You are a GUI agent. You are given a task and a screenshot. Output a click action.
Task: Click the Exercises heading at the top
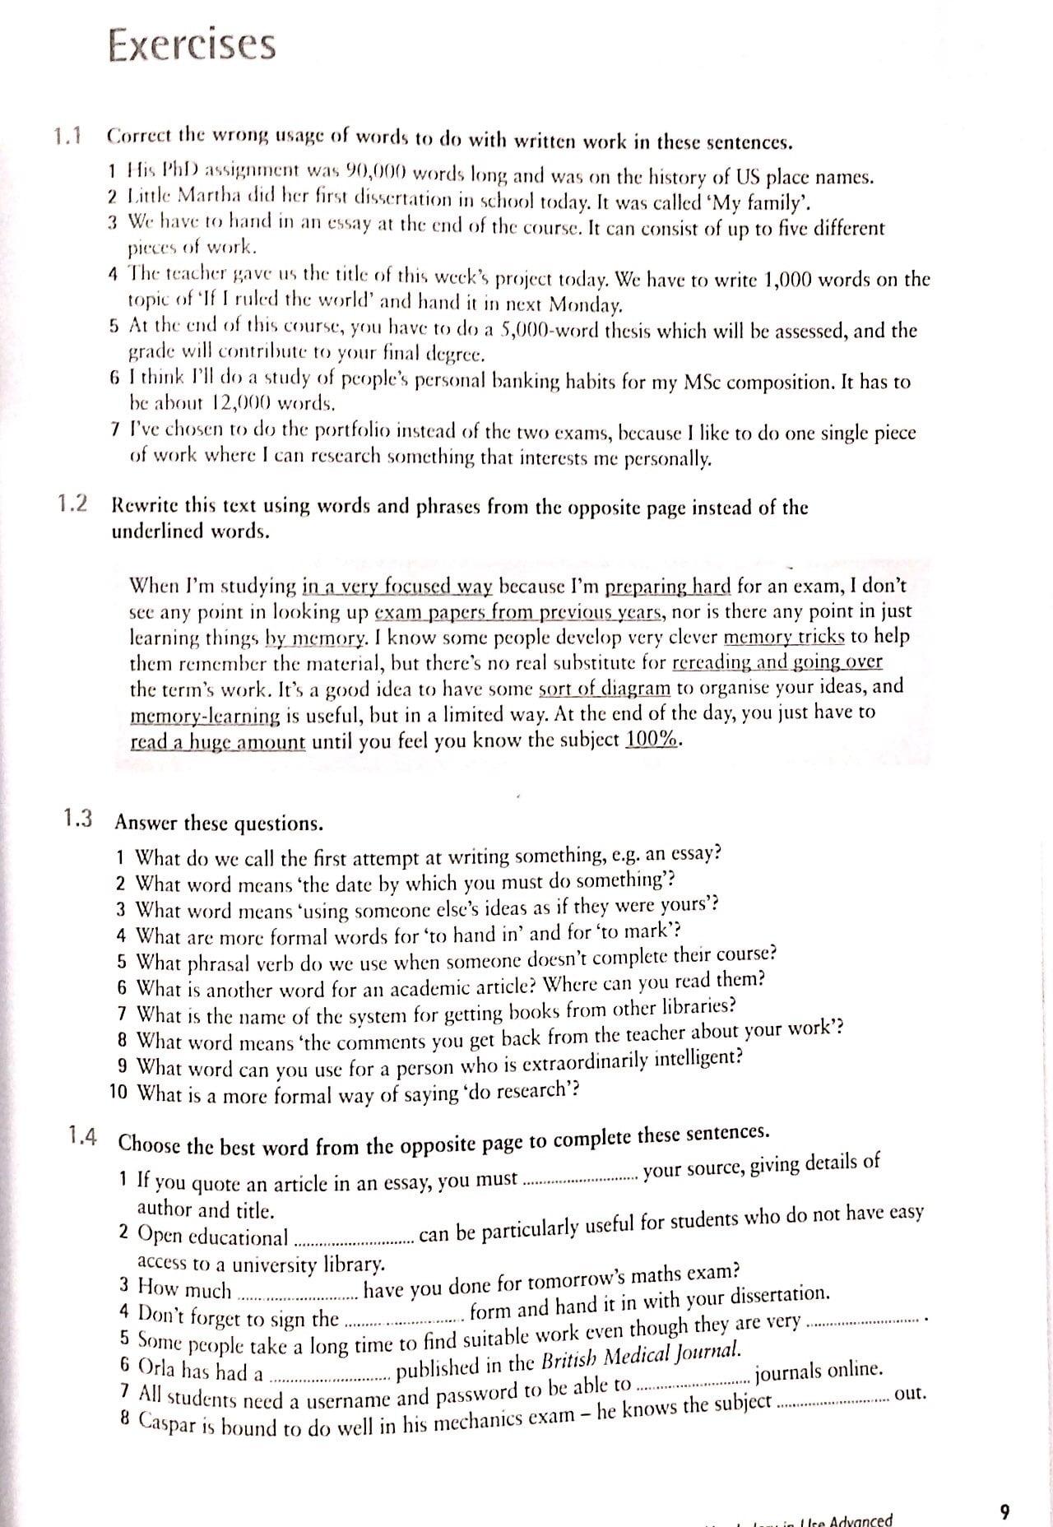click(191, 45)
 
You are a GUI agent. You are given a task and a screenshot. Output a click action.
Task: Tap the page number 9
click(1004, 1511)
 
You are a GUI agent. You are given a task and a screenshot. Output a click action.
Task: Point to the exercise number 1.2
click(73, 504)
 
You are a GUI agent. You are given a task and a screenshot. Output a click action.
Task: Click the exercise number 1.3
click(77, 819)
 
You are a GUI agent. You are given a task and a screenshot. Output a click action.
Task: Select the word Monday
click(584, 305)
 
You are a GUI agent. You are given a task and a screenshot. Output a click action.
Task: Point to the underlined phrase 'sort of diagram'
click(605, 688)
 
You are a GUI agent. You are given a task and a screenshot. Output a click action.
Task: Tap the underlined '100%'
click(652, 739)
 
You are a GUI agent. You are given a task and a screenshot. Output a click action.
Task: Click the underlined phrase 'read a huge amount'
click(218, 742)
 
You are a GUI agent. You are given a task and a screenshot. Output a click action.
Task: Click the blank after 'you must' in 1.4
click(580, 1179)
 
